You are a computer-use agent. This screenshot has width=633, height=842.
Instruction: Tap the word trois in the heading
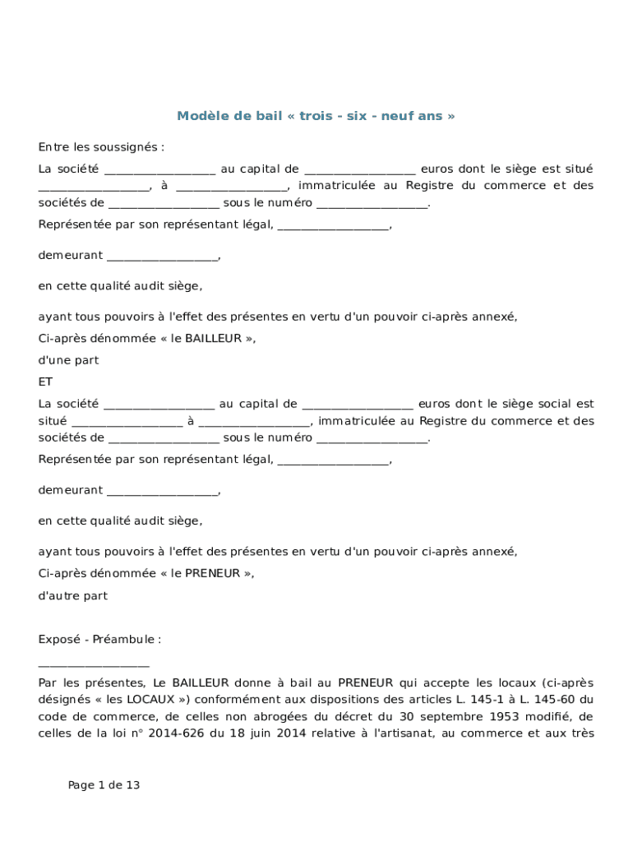[316, 116]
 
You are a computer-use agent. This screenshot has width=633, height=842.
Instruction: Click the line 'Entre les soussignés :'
[101, 147]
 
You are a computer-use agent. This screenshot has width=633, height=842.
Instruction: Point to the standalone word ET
[45, 382]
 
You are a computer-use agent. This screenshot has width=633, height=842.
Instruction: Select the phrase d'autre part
[72, 595]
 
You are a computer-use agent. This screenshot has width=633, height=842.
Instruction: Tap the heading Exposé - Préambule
[99, 639]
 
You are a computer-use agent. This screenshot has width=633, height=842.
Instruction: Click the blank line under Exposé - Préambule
[94, 662]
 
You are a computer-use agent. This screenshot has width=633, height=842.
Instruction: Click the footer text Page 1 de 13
[104, 785]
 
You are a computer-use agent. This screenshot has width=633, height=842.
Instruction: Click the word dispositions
[334, 700]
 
